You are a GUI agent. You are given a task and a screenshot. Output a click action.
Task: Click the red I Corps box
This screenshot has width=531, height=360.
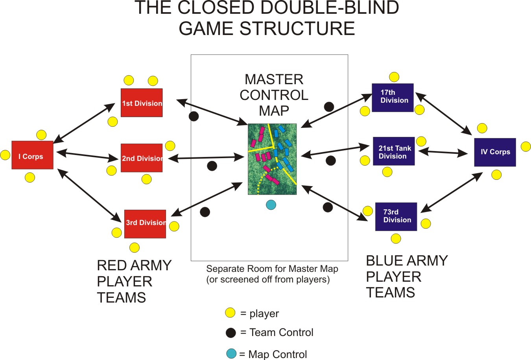click(32, 155)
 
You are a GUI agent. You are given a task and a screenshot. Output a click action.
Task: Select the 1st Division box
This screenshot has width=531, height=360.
click(142, 103)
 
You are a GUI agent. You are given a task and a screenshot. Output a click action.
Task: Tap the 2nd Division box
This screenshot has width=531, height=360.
click(142, 158)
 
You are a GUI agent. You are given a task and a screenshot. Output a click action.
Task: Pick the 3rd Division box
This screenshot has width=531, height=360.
click(145, 224)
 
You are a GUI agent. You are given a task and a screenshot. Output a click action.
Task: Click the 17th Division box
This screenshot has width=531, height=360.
click(393, 98)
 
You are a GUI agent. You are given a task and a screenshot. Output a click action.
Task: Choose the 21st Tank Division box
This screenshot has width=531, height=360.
click(394, 151)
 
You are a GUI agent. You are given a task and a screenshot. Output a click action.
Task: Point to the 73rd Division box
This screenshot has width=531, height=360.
click(396, 216)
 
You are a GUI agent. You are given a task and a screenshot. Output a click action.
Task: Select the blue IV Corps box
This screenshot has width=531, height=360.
click(495, 152)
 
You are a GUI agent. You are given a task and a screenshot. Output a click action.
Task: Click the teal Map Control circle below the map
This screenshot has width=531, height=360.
click(271, 205)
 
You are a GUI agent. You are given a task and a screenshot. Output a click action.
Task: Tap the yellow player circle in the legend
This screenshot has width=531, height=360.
click(230, 313)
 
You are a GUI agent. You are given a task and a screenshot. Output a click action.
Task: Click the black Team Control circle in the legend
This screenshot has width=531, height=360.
click(230, 333)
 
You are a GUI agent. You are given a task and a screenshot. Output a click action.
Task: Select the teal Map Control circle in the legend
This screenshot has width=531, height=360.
click(231, 353)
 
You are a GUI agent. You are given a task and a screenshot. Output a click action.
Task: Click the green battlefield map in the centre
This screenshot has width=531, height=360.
click(272, 159)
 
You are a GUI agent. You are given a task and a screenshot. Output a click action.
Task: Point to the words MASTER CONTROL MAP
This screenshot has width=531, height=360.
click(274, 95)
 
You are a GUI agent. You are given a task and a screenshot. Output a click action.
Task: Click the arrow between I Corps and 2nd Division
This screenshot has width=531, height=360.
click(87, 156)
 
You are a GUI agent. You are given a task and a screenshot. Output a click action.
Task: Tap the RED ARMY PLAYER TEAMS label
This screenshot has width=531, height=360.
click(134, 281)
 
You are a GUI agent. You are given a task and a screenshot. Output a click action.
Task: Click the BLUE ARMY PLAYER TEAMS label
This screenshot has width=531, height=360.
click(406, 277)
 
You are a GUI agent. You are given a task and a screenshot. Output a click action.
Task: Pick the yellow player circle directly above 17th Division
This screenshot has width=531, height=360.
click(394, 77)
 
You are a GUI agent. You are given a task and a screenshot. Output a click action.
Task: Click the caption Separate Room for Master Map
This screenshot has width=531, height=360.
click(272, 269)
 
